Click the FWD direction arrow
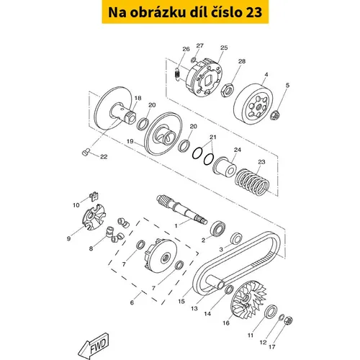94,347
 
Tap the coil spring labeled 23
252,182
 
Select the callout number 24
237,150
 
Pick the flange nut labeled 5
274,115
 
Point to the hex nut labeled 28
227,90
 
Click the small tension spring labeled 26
177,73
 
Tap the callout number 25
224,48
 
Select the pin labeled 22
86,152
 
